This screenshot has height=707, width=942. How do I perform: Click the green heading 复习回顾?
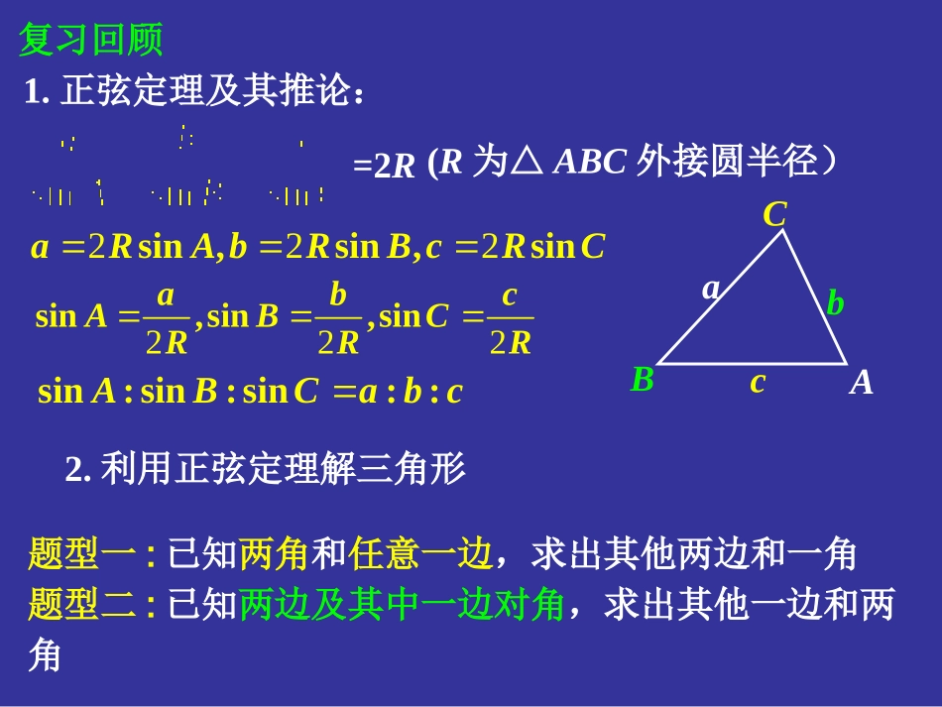pyautogui.click(x=91, y=41)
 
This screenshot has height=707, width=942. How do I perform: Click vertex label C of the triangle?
pyautogui.click(x=774, y=214)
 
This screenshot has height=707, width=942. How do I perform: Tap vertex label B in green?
pyautogui.click(x=643, y=380)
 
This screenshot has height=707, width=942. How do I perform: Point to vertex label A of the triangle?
pyautogui.click(x=861, y=382)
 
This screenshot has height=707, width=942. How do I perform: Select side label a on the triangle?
pyautogui.click(x=711, y=289)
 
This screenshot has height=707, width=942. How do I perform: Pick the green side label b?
pyautogui.click(x=835, y=303)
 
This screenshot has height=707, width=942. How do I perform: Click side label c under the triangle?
pyautogui.click(x=758, y=382)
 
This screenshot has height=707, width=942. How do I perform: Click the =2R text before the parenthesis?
pyautogui.click(x=384, y=166)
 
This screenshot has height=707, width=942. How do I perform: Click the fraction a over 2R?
pyautogui.click(x=166, y=318)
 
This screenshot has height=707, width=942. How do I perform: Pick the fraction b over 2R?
pyautogui.click(x=338, y=318)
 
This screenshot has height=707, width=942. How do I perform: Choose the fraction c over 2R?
pyautogui.click(x=511, y=318)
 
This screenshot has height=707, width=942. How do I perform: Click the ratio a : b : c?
pyautogui.click(x=411, y=393)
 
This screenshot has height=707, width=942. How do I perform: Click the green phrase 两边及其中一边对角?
pyautogui.click(x=402, y=604)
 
